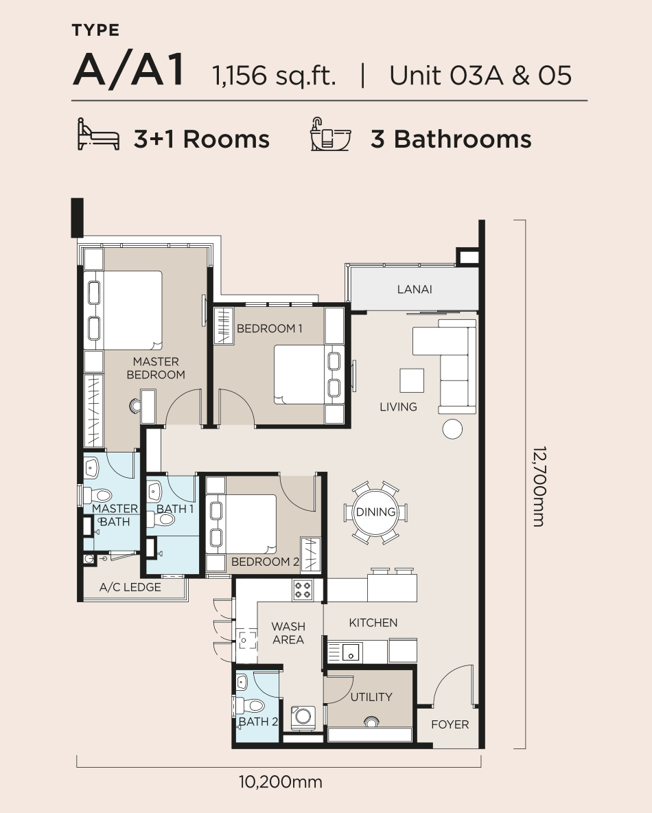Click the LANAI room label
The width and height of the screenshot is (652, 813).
click(414, 289)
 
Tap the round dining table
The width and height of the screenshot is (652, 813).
click(375, 512)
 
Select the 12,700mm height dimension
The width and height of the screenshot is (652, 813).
click(539, 486)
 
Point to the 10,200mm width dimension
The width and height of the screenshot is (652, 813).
click(281, 782)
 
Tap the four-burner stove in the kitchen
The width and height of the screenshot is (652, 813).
click(303, 590)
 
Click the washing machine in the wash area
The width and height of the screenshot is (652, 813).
click(303, 717)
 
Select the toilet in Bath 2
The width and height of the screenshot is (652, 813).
click(251, 706)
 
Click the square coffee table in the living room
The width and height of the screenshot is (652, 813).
click(412, 380)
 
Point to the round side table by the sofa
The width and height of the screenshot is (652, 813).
click(452, 428)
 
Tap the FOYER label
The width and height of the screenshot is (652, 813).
click(450, 724)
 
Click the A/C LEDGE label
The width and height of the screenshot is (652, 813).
click(130, 587)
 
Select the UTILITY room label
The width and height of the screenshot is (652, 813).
click(371, 697)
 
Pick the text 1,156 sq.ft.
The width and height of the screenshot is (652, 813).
click(274, 76)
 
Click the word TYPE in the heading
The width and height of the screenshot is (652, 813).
click(96, 31)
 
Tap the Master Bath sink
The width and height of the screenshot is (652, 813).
click(91, 469)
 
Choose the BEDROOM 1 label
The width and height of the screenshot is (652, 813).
click(270, 328)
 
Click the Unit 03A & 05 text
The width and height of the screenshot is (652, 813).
click(480, 75)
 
